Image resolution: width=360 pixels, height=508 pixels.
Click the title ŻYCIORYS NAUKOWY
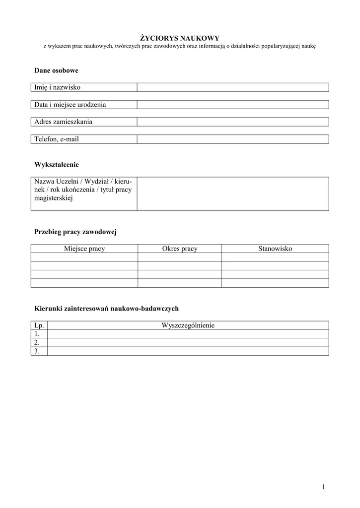(179, 38)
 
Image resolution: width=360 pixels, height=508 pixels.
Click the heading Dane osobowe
(56, 70)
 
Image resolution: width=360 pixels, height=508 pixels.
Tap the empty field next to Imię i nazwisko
(232, 88)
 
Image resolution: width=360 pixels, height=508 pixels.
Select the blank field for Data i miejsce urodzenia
(232, 105)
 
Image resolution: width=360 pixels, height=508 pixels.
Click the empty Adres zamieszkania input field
(232, 122)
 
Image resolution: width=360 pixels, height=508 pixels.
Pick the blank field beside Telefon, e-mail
(232, 139)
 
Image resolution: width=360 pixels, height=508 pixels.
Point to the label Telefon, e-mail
(57, 139)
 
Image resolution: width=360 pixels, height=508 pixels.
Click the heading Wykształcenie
(57, 164)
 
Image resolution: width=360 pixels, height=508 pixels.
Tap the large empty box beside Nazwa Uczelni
(232, 194)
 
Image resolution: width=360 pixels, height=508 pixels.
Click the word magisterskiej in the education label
(54, 198)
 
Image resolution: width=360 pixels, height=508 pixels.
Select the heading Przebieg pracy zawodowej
(75, 232)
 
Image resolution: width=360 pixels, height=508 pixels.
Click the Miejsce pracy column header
(84, 249)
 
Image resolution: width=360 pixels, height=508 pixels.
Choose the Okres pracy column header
(180, 249)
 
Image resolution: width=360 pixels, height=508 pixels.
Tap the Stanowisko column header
(275, 249)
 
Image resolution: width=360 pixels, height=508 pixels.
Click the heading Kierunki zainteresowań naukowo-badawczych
(106, 309)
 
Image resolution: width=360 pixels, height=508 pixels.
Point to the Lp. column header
(39, 325)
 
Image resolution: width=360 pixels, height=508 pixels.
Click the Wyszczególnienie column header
(188, 325)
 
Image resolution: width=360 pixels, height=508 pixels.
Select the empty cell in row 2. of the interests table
(188, 342)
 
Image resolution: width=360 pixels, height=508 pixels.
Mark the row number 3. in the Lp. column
(37, 351)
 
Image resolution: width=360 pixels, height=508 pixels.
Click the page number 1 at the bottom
(323, 487)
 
